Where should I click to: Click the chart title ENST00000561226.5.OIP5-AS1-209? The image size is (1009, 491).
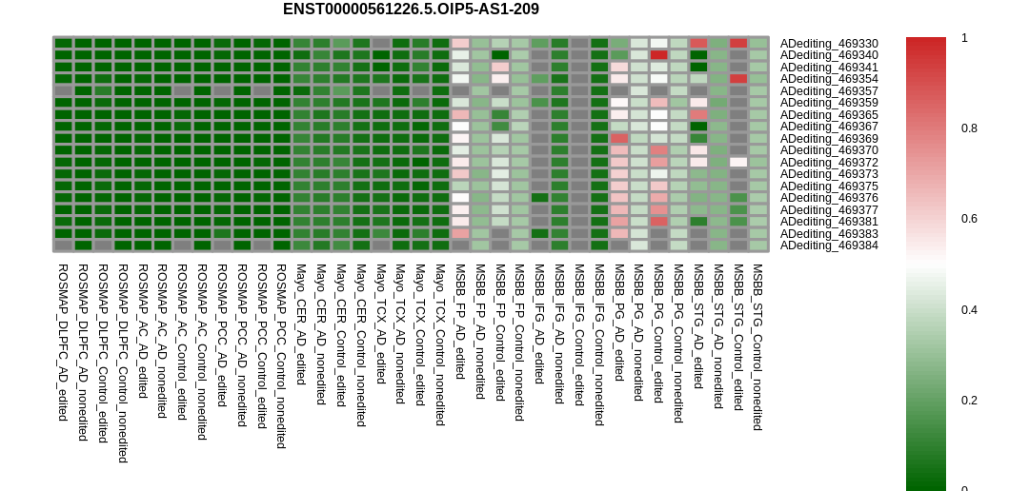(411, 9)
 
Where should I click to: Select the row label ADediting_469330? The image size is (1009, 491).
(829, 44)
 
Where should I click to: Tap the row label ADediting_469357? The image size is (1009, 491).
(829, 91)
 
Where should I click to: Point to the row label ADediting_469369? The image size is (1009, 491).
(829, 139)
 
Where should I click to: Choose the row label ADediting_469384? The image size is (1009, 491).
(829, 245)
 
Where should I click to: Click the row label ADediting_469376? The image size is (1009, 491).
(829, 198)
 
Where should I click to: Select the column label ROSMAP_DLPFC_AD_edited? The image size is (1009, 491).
(63, 343)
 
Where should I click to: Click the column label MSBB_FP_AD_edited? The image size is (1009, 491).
(461, 322)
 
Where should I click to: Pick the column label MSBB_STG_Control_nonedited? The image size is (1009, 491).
(758, 347)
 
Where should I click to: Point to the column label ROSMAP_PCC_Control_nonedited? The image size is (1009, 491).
(281, 356)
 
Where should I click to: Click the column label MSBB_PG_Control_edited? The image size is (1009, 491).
(659, 333)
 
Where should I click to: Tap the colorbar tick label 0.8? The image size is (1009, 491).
(969, 128)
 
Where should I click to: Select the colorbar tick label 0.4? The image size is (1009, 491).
(969, 310)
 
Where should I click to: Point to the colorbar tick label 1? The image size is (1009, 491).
(964, 38)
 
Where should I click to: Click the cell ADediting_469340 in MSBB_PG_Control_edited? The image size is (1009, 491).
(659, 55)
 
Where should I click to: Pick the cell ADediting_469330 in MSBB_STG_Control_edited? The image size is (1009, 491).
(738, 43)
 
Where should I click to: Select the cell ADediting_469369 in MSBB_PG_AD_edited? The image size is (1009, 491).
(619, 138)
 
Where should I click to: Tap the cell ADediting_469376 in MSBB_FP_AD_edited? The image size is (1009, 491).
(461, 198)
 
